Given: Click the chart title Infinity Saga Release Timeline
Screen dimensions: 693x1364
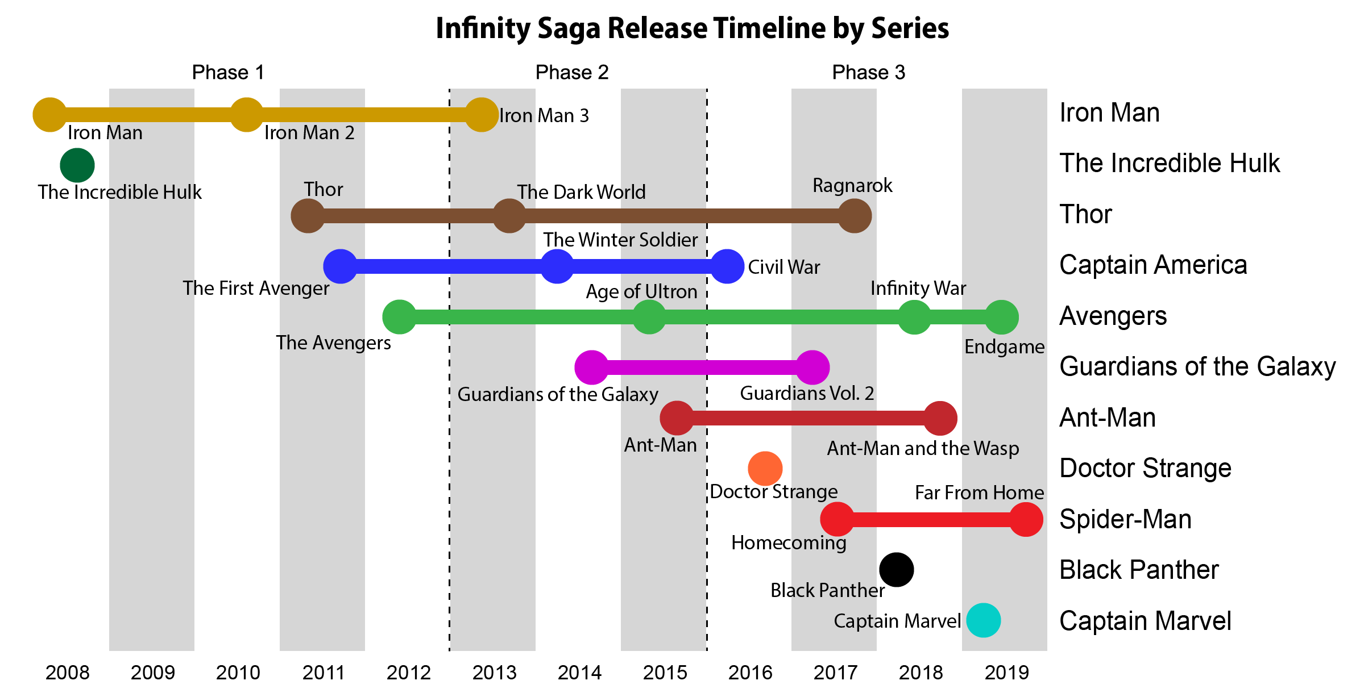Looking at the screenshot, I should pyautogui.click(x=692, y=28).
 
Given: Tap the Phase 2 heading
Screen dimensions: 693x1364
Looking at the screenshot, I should pyautogui.click(x=572, y=73).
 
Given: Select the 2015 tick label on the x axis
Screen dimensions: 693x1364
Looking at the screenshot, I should pyautogui.click(x=665, y=673).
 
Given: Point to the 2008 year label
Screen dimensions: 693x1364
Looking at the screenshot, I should pyautogui.click(x=67, y=673).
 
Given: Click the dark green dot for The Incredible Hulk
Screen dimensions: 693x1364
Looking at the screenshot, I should pyautogui.click(x=77, y=165).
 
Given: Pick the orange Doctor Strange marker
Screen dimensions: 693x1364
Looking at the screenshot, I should pyautogui.click(x=765, y=469).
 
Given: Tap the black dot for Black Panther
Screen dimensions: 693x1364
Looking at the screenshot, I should pyautogui.click(x=896, y=570).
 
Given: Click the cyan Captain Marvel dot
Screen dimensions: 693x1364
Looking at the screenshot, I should pyautogui.click(x=983, y=620).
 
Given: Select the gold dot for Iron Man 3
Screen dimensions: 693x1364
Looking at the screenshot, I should pyautogui.click(x=482, y=115).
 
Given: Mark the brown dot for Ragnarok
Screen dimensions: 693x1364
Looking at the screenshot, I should pyautogui.click(x=855, y=216).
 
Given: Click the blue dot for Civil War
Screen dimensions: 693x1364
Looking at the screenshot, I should pyautogui.click(x=727, y=266).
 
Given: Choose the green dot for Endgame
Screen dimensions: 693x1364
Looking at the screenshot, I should pyautogui.click(x=1001, y=317).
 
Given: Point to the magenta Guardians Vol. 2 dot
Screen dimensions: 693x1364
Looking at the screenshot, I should pyautogui.click(x=812, y=368).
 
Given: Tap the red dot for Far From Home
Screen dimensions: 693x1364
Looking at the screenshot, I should pyautogui.click(x=1026, y=519).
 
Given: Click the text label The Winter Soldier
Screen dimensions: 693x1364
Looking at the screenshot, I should pyautogui.click(x=620, y=240).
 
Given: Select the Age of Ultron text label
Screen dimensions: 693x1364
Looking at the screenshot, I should pyautogui.click(x=641, y=292).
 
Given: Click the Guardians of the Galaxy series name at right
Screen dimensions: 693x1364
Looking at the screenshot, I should pyautogui.click(x=1197, y=367).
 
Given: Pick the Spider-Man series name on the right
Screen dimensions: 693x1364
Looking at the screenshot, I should pyautogui.click(x=1125, y=520).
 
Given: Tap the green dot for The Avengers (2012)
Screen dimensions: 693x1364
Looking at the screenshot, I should pyautogui.click(x=400, y=317).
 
